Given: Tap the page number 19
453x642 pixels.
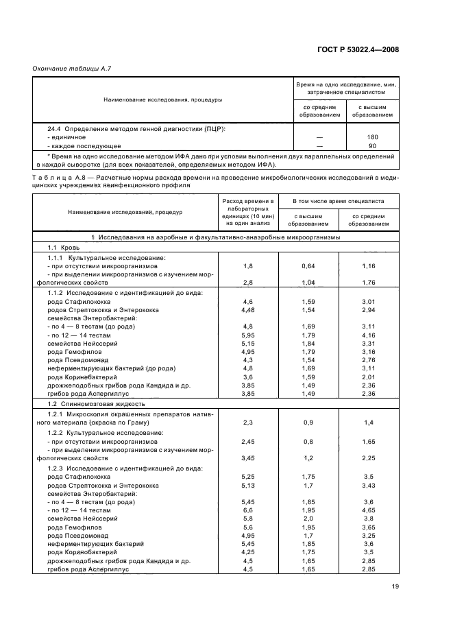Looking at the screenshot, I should [x=395, y=586].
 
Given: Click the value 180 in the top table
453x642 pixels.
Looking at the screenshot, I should [x=373, y=137].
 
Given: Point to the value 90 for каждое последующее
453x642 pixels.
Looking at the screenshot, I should [x=373, y=146].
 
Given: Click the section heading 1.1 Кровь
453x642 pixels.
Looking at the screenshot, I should [x=64, y=247].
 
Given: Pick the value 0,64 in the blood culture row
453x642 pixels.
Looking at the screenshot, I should [x=308, y=265].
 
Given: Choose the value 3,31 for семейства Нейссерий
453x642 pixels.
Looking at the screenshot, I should [x=369, y=343].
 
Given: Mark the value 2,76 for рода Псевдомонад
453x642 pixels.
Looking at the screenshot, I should [x=369, y=360].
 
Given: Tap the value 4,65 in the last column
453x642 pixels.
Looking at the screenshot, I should [x=369, y=510].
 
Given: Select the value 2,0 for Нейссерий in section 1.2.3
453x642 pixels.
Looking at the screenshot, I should [x=308, y=519].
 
